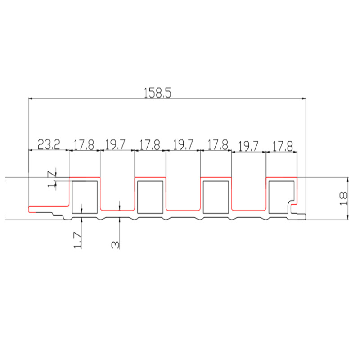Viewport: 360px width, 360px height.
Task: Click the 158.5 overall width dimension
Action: [157, 93]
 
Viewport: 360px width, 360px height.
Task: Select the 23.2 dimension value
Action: [49, 144]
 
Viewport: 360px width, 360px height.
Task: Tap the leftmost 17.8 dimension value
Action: [84, 145]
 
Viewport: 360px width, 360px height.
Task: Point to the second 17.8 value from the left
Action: [150, 145]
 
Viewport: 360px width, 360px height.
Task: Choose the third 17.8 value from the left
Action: [218, 144]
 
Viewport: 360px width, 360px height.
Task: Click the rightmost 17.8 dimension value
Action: [283, 146]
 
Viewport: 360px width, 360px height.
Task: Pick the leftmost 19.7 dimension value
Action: [115, 144]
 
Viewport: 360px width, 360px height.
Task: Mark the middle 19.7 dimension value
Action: [183, 144]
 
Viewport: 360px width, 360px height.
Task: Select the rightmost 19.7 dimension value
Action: [248, 147]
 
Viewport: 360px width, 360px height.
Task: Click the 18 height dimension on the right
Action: [343, 198]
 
